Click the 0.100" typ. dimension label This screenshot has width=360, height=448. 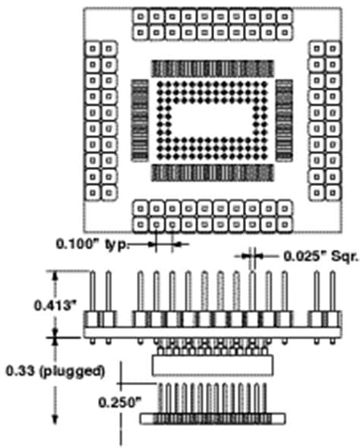[x=93, y=245]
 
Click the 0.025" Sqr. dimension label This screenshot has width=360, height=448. [x=321, y=257]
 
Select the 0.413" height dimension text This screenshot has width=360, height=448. [x=56, y=305]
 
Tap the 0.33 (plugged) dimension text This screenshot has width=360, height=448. [x=55, y=371]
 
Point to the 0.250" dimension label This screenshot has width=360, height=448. [x=120, y=402]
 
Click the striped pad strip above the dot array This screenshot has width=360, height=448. [x=213, y=68]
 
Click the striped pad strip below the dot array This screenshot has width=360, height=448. [x=213, y=172]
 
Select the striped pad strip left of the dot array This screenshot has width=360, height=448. [x=140, y=120]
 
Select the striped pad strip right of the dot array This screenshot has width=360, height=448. [x=284, y=120]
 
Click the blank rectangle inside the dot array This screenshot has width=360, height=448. [x=212, y=120]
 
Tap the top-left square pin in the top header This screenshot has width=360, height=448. [x=141, y=17]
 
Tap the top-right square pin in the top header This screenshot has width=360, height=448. [x=284, y=17]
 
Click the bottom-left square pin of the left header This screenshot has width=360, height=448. [x=93, y=193]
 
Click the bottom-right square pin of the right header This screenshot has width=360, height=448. [x=333, y=193]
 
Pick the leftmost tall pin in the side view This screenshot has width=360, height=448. [x=93, y=292]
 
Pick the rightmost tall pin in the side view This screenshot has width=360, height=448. [x=333, y=292]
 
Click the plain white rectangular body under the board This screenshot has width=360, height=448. [x=213, y=365]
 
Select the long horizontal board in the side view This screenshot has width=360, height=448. [x=213, y=333]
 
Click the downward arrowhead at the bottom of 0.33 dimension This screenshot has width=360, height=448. [x=55, y=419]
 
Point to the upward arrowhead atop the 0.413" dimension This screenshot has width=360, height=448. [x=55, y=276]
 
